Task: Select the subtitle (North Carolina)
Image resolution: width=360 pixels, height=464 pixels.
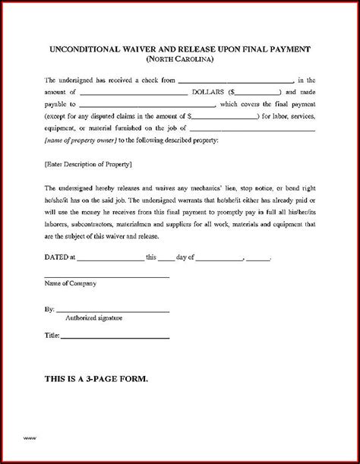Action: (180, 61)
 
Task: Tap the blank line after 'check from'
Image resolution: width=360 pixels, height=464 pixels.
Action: (236, 80)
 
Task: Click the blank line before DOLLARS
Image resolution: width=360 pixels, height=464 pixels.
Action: (137, 91)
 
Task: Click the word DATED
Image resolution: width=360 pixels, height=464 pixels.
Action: (55, 257)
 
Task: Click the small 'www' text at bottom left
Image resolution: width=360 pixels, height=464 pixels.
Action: (30, 438)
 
